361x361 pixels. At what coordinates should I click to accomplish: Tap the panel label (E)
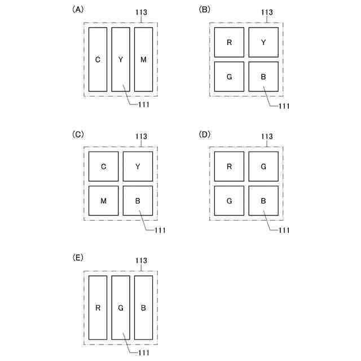point(78,257)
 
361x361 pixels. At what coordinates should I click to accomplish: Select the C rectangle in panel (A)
point(98,59)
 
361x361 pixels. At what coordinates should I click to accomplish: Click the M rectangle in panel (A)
point(143,59)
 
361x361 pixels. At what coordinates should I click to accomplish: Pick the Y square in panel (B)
point(263,42)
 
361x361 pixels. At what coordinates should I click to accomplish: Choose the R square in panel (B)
point(229,42)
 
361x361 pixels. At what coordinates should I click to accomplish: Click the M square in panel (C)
point(104,200)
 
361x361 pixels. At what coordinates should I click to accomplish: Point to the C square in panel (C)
point(104,166)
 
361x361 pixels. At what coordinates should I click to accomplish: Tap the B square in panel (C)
point(138,200)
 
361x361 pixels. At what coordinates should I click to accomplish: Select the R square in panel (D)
point(229,166)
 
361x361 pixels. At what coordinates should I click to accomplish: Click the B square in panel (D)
point(263,200)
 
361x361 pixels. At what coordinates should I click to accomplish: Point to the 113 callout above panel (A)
point(141,12)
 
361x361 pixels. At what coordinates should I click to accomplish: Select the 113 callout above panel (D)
point(267,136)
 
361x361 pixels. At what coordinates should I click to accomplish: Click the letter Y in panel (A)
point(121,60)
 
